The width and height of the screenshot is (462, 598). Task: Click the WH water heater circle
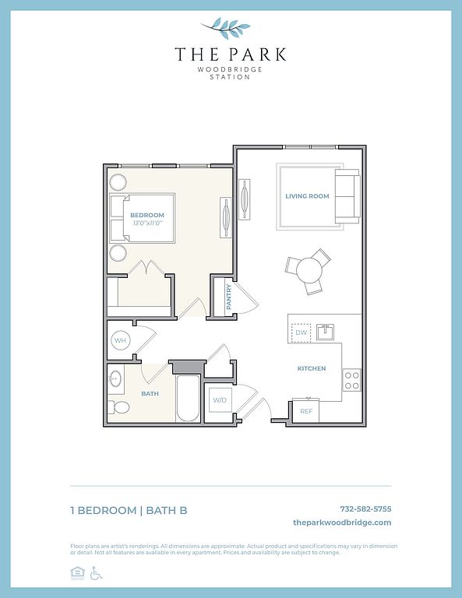120,340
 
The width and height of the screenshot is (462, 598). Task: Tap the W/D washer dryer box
220,399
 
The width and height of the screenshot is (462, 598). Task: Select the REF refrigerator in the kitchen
305,411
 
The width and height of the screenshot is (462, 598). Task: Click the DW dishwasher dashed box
301,332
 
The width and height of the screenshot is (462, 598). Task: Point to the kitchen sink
325,332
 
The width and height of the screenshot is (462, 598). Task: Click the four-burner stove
351,380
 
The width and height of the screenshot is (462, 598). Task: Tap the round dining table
309,270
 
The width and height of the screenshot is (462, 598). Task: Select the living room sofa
347,196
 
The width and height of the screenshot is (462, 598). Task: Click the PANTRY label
229,297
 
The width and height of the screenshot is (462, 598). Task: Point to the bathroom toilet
118,407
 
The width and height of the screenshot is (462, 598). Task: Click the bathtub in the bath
188,399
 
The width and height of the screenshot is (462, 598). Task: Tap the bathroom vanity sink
115,378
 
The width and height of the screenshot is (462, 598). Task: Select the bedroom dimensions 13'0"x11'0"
148,223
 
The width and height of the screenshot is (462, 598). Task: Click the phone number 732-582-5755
365,508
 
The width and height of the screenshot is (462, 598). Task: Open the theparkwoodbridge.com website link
342,522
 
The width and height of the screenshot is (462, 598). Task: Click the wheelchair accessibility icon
96,573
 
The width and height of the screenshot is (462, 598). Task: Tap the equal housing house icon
77,573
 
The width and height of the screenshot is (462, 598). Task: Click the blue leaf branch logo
227,27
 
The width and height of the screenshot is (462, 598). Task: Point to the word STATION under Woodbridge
230,77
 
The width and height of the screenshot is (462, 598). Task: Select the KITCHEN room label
312,368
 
